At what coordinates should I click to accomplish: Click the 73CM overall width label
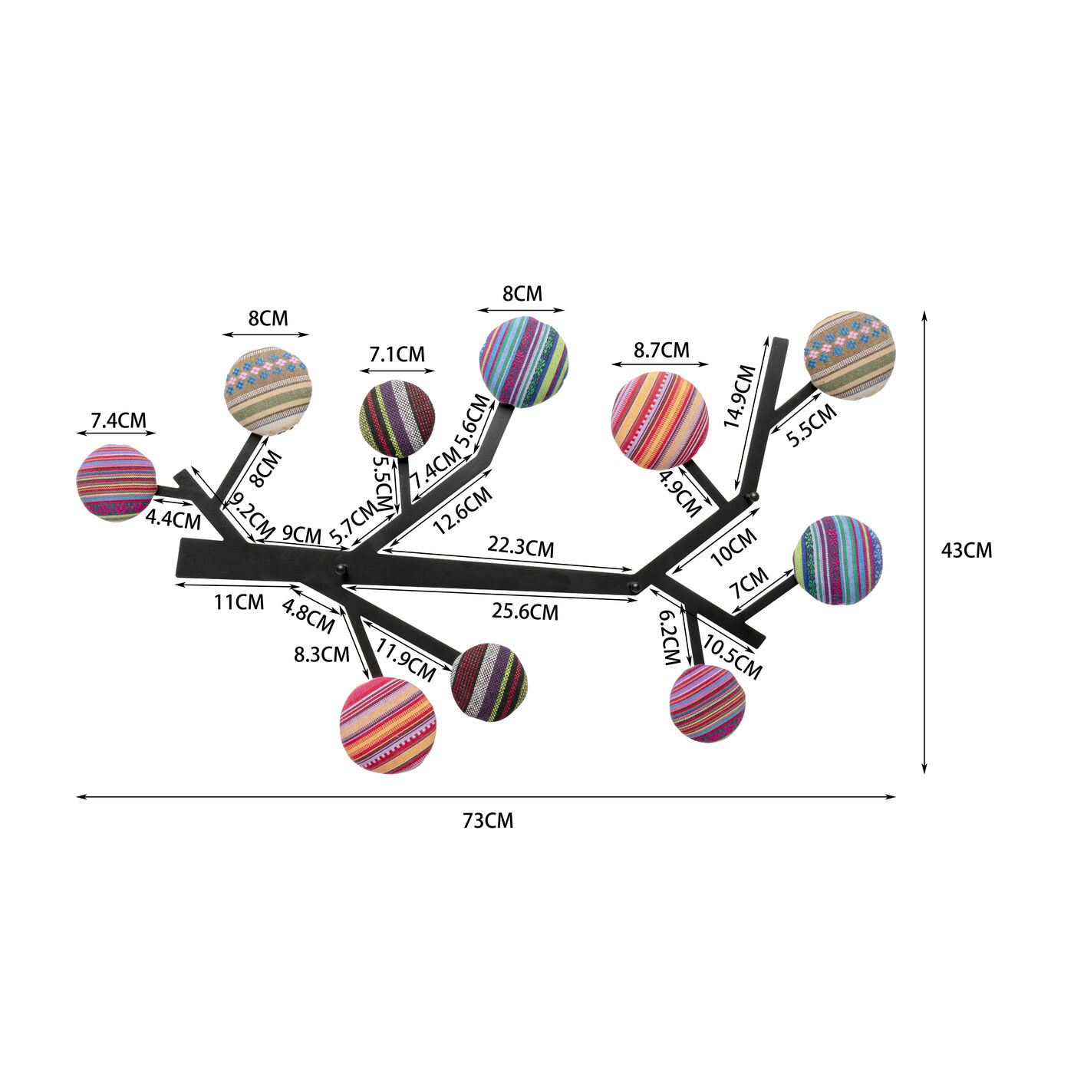488,822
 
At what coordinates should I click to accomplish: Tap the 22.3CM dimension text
521,547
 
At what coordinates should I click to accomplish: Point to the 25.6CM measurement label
525,612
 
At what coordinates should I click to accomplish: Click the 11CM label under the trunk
239,602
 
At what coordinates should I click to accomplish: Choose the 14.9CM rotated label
739,397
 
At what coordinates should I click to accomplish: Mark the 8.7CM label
661,350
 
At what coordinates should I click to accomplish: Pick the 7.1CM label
397,354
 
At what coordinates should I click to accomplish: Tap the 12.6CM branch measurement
463,510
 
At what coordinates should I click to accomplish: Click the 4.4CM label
173,520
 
